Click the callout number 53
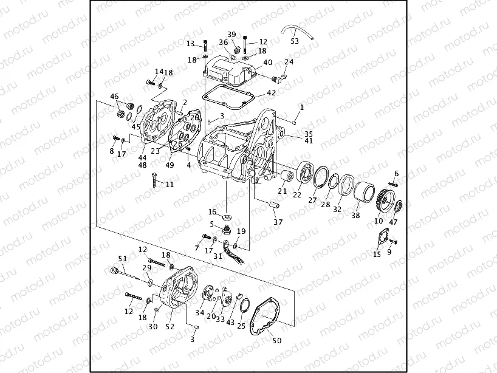295,41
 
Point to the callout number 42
271,93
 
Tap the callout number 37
278,222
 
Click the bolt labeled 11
155,179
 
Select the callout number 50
276,341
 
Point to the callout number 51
122,259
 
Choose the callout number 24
289,62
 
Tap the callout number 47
393,222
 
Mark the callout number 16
213,212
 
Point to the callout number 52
170,326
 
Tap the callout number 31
218,256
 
